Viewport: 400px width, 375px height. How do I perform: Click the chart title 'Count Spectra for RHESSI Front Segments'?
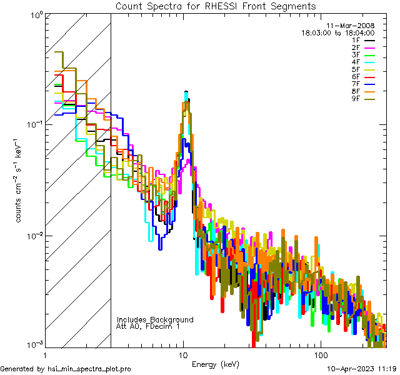[216, 6]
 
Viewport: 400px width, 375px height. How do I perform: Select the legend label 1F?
[356, 40]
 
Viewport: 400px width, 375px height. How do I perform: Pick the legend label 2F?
[356, 47]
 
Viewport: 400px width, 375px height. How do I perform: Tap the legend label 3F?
[356, 54]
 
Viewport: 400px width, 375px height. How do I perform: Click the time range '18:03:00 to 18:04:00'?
[338, 32]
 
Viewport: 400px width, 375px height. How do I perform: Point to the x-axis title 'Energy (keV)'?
[215, 364]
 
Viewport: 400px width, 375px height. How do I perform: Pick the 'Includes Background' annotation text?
[155, 319]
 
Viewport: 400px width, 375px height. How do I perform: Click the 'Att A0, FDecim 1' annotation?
[148, 326]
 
